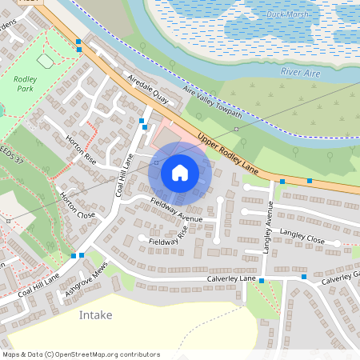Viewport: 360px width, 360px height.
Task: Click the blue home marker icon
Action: click(x=180, y=172)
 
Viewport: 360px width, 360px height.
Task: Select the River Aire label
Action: click(x=302, y=71)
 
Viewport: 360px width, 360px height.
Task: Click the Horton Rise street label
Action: click(x=81, y=150)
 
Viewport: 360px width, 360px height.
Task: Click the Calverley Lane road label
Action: click(x=219, y=278)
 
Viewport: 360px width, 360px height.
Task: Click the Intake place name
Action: click(x=95, y=314)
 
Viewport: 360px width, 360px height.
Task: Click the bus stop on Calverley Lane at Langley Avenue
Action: click(x=262, y=281)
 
